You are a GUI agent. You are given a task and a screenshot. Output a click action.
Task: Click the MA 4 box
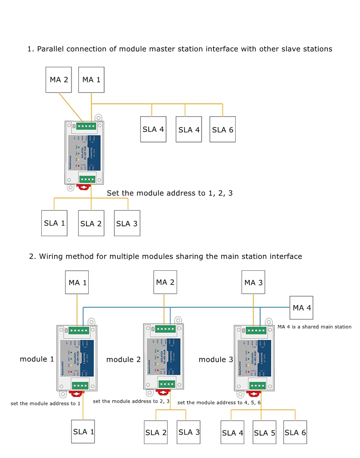[x=301, y=308]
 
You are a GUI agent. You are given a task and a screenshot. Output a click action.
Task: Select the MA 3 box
[x=253, y=282]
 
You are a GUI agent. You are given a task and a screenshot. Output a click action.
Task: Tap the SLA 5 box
[x=264, y=433]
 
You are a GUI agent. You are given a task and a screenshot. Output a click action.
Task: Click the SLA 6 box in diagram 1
[x=223, y=129]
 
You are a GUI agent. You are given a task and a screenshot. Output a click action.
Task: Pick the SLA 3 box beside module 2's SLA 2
[x=189, y=432]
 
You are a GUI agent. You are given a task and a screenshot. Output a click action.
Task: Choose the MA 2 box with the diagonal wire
[x=59, y=80]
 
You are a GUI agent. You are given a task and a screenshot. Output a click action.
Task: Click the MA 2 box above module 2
[x=165, y=282]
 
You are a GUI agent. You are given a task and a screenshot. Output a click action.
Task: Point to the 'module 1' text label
[x=37, y=359]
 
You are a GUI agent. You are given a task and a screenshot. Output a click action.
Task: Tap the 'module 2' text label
[x=123, y=360]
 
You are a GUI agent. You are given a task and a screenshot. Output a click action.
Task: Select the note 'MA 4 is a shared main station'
[x=314, y=327]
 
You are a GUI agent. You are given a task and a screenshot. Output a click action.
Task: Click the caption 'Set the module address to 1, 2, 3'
[x=169, y=193]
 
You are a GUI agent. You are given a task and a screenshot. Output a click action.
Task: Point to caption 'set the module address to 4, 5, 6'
[x=219, y=402]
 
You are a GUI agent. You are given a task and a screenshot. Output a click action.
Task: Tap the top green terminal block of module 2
[x=166, y=329]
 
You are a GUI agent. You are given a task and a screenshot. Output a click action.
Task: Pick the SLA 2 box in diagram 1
[x=91, y=223]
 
